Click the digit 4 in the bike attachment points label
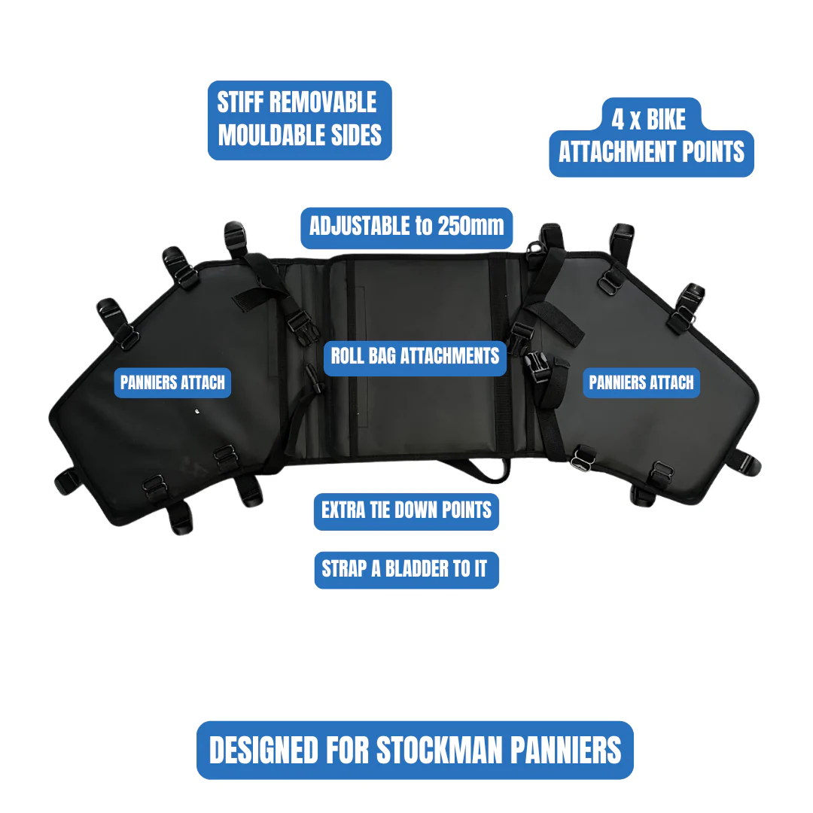[x=618, y=119]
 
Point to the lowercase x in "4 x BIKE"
[x=635, y=123]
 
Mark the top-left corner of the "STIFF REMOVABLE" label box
[x=208, y=81]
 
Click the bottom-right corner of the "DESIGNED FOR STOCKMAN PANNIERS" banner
[x=634, y=779]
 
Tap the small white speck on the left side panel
[x=197, y=412]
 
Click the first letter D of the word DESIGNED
[x=218, y=751]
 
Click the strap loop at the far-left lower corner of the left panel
[x=66, y=480]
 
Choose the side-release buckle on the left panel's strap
[x=303, y=327]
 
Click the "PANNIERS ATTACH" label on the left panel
[x=172, y=382]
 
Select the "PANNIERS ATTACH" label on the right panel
[x=641, y=382]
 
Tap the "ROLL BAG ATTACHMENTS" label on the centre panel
[x=415, y=358]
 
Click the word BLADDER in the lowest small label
[x=413, y=569]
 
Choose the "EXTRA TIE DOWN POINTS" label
[x=406, y=511]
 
